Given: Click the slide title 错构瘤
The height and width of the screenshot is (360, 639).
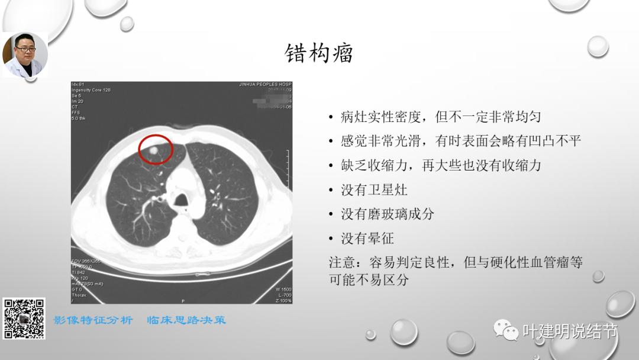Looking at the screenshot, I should (x=319, y=53).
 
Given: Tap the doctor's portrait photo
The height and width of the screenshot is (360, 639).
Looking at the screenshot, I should (x=25, y=54).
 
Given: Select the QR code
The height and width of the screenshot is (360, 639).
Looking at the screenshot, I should (x=24, y=319).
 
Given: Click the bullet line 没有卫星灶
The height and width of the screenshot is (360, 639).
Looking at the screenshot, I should (x=374, y=190).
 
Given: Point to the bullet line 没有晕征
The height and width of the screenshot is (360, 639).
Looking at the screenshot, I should (x=367, y=239).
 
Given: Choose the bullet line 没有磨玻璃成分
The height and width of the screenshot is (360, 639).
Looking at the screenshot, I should (x=387, y=214).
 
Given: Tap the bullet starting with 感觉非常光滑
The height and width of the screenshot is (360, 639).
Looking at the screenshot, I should (x=460, y=141).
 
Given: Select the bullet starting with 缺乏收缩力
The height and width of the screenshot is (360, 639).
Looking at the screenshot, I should (x=440, y=166).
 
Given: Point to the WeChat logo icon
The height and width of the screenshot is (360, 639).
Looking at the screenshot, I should (x=506, y=330).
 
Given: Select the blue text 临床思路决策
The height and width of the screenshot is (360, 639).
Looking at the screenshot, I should (x=187, y=320).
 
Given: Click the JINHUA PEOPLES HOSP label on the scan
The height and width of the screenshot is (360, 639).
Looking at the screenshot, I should (x=264, y=85).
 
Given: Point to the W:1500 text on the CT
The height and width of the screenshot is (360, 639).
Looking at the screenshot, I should (x=283, y=289).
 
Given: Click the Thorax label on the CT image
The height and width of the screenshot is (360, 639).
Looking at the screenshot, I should (x=79, y=295).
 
